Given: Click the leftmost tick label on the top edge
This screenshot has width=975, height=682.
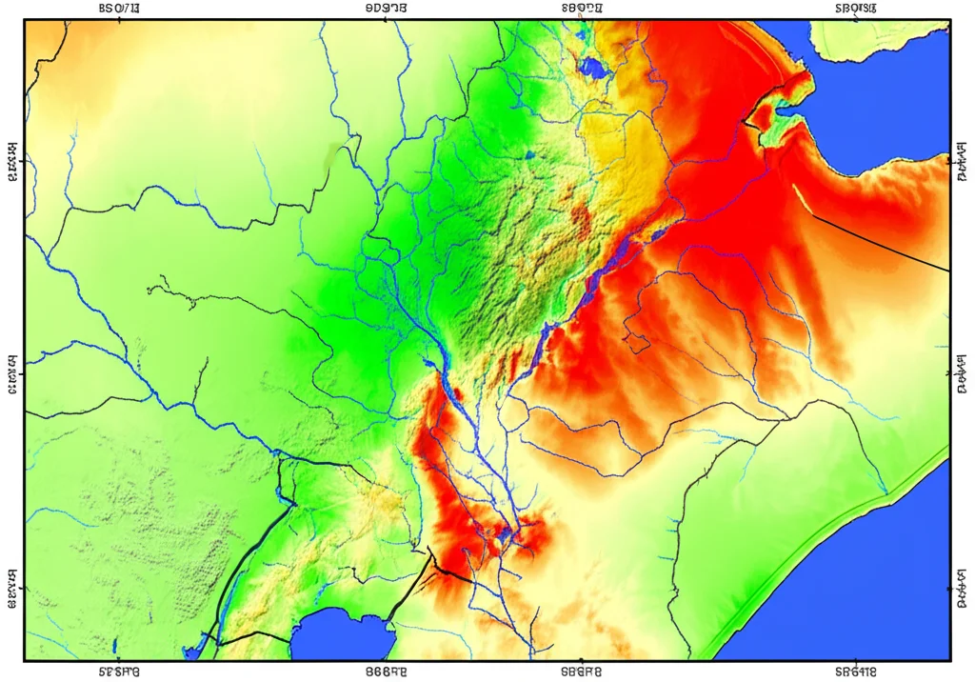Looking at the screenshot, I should pos(119,9).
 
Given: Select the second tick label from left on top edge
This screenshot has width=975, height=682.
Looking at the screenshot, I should pos(386,9).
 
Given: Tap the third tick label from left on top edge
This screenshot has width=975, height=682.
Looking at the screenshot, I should pos(583,9).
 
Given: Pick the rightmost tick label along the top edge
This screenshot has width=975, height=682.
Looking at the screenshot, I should pos(855,9).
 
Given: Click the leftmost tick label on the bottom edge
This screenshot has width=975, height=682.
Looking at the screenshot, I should pos(119,672).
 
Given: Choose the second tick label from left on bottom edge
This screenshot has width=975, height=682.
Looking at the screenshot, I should pos(386,672).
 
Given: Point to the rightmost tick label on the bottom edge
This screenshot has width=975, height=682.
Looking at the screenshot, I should pos(855,672).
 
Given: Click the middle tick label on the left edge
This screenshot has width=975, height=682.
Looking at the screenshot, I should pos(12,373).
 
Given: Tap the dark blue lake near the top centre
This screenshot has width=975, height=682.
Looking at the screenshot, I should pos(594,68).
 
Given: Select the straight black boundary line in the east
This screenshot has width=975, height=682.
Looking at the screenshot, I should pos(876,243).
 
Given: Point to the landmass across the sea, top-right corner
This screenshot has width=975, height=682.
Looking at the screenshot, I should pos(876,38).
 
